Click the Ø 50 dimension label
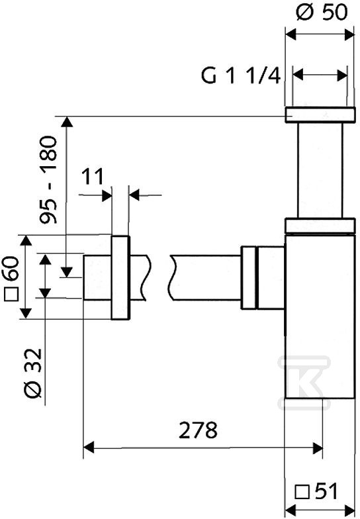[322, 13]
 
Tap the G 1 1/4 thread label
[241, 75]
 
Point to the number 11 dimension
[93, 177]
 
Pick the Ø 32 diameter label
[34, 373]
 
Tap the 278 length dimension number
[198, 430]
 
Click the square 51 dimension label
[316, 491]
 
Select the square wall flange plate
[120, 277]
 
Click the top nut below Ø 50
[320, 115]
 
